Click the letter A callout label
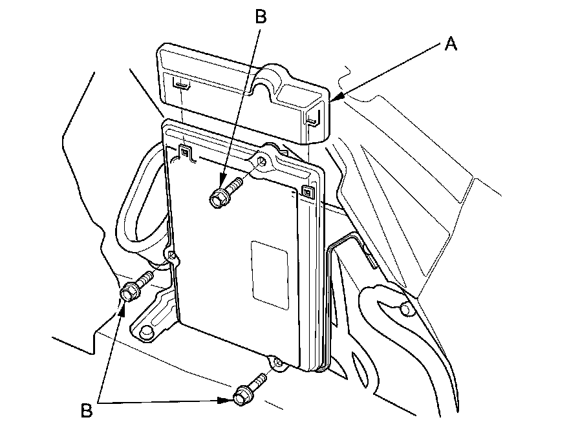click(450, 44)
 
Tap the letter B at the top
click(260, 17)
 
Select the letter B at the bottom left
click(87, 409)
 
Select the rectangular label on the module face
click(270, 272)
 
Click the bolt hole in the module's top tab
click(263, 161)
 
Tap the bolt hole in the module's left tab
click(171, 257)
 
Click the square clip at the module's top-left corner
click(184, 153)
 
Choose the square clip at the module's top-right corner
click(307, 192)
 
